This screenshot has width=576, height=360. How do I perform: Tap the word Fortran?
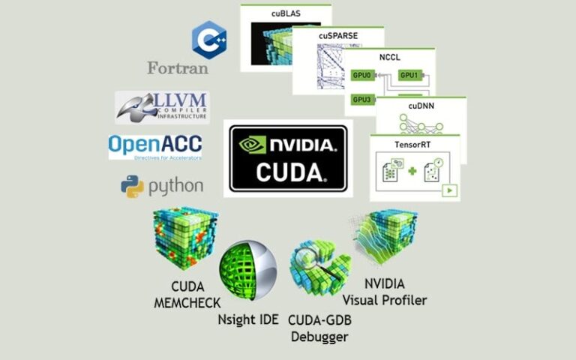point(178,68)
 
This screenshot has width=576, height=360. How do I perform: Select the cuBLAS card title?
point(286,13)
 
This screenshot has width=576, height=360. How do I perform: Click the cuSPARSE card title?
point(337,35)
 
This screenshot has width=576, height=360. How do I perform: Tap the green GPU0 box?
point(362,75)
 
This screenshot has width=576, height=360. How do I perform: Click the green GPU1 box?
point(409,75)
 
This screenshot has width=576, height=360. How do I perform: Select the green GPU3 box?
point(362,99)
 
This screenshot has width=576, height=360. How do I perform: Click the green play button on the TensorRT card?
point(450,190)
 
